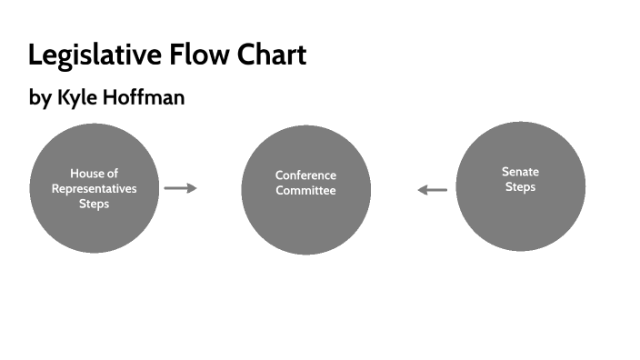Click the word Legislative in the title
tap(94, 55)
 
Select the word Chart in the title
tap(271, 55)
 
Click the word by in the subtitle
tap(40, 98)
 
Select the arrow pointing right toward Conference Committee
tap(180, 188)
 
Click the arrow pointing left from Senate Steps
tap(433, 190)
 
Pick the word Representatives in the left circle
tap(95, 189)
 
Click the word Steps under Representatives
tap(95, 205)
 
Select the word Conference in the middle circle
tap(305, 175)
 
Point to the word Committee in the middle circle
tap(305, 191)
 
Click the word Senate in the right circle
tap(520, 172)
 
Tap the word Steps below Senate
tap(520, 187)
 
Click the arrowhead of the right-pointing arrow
tap(193, 188)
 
